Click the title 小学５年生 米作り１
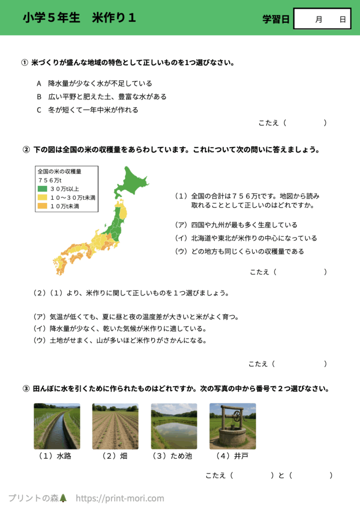[80, 18]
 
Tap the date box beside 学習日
[322, 19]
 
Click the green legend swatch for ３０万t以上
[42, 188]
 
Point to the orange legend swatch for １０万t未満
[42, 206]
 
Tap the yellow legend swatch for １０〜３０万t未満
[42, 197]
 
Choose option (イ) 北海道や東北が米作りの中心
[246, 238]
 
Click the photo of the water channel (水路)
[57, 426]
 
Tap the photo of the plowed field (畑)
[115, 426]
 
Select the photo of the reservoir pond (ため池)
[174, 426]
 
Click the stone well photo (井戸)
[233, 426]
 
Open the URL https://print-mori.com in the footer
[120, 498]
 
